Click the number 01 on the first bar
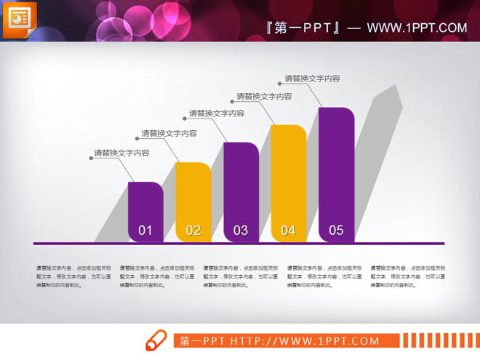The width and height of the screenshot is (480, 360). click(145, 231)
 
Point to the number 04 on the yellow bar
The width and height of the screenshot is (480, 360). click(288, 231)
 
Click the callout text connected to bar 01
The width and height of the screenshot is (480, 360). click(121, 153)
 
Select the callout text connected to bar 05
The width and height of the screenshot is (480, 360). click(312, 79)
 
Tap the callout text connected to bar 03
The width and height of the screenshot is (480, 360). click(217, 113)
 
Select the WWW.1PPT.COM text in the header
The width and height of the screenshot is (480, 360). click(417, 28)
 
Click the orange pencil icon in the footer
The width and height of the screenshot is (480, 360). click(156, 340)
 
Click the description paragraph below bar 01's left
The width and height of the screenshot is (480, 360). click(73, 276)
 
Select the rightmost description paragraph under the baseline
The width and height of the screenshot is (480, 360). click(407, 276)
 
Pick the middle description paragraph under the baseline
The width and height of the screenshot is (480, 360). click(239, 276)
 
